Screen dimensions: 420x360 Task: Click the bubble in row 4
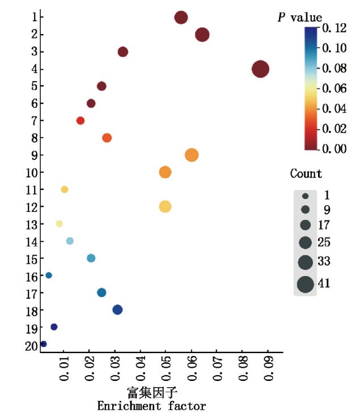point(260,69)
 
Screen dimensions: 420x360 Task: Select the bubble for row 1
point(181,18)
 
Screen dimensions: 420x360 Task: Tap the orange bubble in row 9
point(192,155)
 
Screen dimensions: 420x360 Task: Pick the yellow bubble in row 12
point(165,206)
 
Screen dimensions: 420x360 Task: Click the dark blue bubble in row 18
point(117,309)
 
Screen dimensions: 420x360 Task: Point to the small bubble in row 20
point(44,344)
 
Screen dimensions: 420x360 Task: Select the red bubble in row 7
point(81,121)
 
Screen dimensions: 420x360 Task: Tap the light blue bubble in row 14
point(70,241)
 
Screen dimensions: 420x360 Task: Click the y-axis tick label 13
point(31,224)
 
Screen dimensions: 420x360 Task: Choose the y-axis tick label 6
point(34,104)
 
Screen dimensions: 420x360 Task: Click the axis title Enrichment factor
point(151,406)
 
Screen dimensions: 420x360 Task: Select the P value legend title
point(299,18)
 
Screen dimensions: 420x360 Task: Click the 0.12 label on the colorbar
point(334,27)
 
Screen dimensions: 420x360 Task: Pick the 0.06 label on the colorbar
point(334,88)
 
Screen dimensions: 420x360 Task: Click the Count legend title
point(306,173)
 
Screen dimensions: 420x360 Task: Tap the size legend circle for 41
point(305,283)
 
